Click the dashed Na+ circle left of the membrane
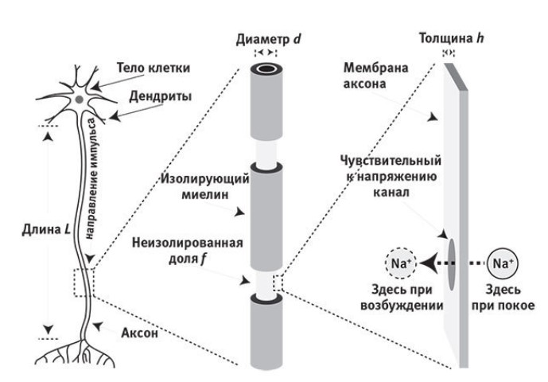click(400, 263)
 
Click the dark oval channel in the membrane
click(450, 263)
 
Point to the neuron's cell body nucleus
click(80, 99)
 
